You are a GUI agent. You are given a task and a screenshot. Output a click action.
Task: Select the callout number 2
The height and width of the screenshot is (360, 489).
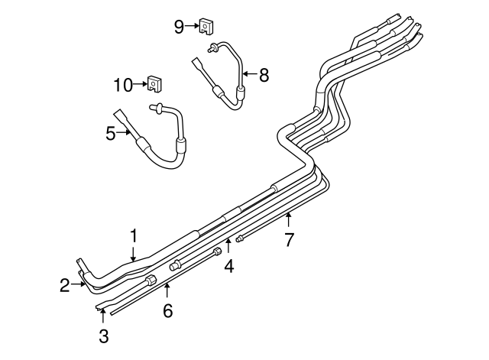tap(65, 286)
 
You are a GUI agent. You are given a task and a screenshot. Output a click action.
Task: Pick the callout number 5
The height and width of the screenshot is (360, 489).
tap(111, 134)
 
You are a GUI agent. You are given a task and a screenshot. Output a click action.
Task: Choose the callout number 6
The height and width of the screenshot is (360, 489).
tap(167, 311)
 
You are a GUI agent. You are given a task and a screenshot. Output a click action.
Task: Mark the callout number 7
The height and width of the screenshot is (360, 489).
tap(289, 240)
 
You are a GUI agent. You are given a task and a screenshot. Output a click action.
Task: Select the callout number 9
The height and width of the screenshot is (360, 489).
tap(179, 28)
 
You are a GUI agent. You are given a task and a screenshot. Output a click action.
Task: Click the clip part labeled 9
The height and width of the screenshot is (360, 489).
tap(206, 28)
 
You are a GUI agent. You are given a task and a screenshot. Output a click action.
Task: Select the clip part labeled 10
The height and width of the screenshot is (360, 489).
tap(154, 83)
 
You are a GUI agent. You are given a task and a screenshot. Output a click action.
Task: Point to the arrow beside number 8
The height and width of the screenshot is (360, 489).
tap(249, 74)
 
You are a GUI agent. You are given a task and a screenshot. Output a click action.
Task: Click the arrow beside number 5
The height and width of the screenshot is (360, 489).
tap(126, 134)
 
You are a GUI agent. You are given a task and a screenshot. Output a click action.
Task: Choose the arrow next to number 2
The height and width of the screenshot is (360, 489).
tap(79, 286)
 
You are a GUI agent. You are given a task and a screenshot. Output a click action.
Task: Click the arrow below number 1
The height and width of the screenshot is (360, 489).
tap(133, 255)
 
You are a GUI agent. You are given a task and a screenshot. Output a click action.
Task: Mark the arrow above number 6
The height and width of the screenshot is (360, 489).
tap(167, 292)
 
